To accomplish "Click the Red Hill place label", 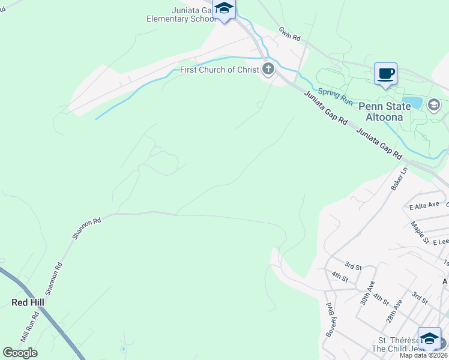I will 28,302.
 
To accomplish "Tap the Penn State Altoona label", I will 385,112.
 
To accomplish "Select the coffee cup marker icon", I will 385,74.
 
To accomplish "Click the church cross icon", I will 268,70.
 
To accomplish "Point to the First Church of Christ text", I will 219,70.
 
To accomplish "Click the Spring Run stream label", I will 335,93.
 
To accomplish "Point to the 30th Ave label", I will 367,292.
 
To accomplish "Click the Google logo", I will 20,353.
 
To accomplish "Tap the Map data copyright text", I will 424,355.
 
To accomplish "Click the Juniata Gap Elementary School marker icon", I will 224,8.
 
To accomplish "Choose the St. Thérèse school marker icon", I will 429,338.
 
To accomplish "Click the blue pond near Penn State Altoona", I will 412,103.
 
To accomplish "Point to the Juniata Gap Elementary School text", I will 181,14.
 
